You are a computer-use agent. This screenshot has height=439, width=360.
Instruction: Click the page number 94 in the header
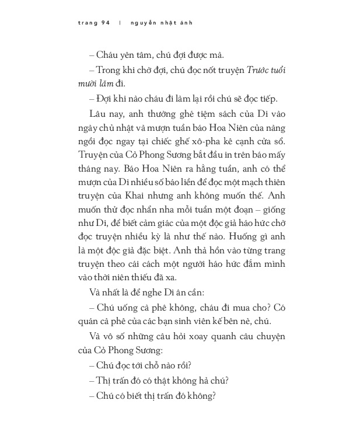click(106, 23)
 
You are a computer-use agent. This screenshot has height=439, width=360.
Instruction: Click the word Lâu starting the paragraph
click(99, 113)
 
